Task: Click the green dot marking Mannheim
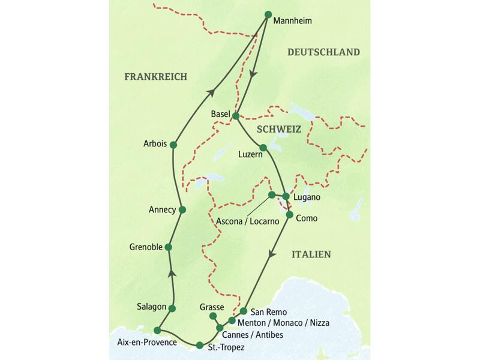pos(268,14)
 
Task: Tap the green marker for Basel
pos(236,116)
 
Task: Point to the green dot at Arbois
pos(173,145)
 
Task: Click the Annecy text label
pos(162,210)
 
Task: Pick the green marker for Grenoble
pos(169,247)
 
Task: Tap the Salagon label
pos(151,307)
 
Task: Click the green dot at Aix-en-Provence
pos(157,330)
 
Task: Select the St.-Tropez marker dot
pos(199,345)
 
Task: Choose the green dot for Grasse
pos(212,316)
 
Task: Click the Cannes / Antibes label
pos(253,335)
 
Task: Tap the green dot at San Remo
pos(244,311)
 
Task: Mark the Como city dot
pos(289,215)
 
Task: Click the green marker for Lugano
pos(286,196)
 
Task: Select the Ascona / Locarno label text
pos(248,221)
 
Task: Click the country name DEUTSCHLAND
pos(323,52)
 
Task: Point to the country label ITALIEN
pos(311,254)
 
